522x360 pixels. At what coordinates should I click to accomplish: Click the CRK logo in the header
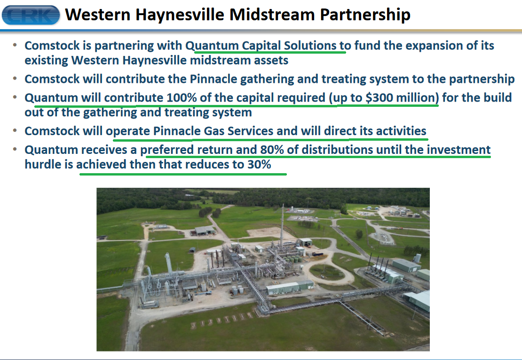point(31,15)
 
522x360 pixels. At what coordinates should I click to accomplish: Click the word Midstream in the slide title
point(272,15)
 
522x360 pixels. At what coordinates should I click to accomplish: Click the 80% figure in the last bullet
point(272,150)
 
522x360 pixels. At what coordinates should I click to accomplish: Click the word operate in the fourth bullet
point(127,131)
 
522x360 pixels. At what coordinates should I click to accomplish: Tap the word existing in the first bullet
point(46,61)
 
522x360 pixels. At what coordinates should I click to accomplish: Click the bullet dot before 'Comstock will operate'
point(15,131)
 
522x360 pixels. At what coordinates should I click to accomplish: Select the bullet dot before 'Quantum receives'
point(15,150)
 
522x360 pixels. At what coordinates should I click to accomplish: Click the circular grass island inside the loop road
point(326,272)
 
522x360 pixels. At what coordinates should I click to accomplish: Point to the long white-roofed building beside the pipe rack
point(290,288)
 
